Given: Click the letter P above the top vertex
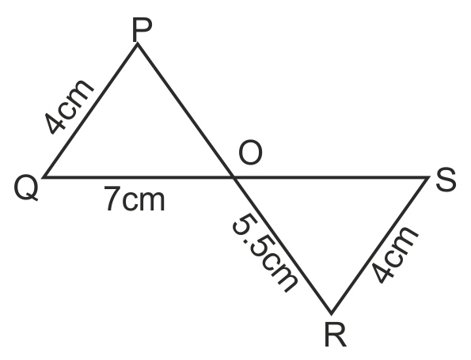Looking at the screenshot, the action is (x=142, y=30).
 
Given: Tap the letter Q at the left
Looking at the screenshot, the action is (x=26, y=188).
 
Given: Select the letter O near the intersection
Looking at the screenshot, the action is (x=250, y=153).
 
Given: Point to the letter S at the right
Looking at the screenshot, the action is (x=446, y=180).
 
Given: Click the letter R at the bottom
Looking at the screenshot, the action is (x=336, y=335).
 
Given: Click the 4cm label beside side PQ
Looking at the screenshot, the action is (x=69, y=106).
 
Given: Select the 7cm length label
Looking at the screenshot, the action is (x=135, y=199).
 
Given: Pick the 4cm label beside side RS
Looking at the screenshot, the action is (x=394, y=255).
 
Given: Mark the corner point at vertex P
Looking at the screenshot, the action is (x=137, y=44).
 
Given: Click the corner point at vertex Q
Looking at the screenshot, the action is (x=44, y=178).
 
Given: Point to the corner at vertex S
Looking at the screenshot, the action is (x=428, y=178).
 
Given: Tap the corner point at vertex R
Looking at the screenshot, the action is (x=332, y=314).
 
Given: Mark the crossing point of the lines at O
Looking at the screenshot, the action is (x=234, y=178).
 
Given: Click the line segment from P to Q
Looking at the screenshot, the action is (x=91, y=111).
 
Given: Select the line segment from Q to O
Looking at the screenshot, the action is (x=139, y=178).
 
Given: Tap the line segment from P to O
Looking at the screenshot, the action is (x=186, y=111).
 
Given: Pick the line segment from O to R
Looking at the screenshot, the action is (x=283, y=245).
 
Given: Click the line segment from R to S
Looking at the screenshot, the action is (x=380, y=245).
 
